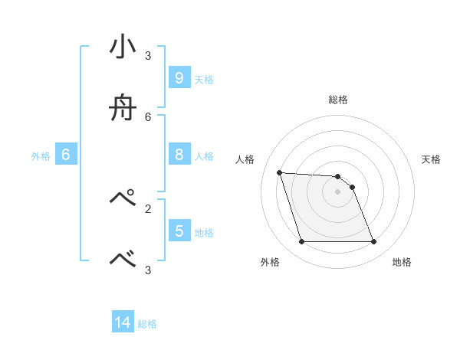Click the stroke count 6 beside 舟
(x=148, y=116)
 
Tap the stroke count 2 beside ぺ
(x=148, y=208)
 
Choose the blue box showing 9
(x=179, y=78)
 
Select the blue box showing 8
(x=179, y=155)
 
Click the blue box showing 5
(x=179, y=231)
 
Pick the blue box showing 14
(x=123, y=322)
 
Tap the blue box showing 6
(x=66, y=155)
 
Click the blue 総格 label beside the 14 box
(x=147, y=324)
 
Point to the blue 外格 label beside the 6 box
(x=41, y=156)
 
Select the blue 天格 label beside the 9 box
(x=204, y=80)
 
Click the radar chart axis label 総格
(x=338, y=100)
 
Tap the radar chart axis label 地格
(x=402, y=262)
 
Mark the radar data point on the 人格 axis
(x=279, y=172)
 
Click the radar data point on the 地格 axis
(x=373, y=242)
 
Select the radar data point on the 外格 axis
(x=301, y=242)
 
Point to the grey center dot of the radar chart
(x=337, y=191)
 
